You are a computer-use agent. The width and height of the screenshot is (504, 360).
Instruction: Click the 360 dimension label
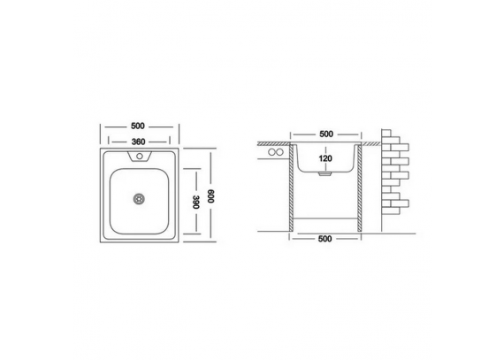click(x=138, y=142)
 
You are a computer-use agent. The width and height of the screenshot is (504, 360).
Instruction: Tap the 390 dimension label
click(x=196, y=202)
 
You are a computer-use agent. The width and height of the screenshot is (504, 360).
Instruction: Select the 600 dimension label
click(x=210, y=195)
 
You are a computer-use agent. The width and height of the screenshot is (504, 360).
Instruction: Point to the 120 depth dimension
click(x=325, y=158)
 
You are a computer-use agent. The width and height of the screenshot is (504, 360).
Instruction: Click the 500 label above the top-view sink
click(x=138, y=126)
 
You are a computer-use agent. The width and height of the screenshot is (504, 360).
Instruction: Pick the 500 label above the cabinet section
click(x=326, y=134)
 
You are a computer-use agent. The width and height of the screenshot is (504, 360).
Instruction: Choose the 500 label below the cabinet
click(x=325, y=239)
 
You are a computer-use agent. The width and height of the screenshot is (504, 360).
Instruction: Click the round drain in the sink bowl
click(x=139, y=199)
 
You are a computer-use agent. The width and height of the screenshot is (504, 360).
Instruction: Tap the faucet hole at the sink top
click(x=140, y=157)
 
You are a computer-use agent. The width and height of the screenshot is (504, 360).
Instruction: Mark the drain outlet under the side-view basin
click(x=325, y=174)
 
